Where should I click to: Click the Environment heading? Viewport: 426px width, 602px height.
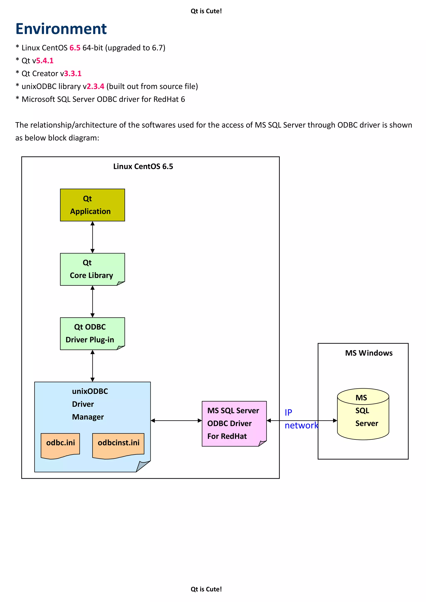[x=61, y=29]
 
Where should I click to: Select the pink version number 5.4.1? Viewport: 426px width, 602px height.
[x=45, y=61]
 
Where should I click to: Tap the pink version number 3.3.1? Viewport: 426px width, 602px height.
[x=73, y=73]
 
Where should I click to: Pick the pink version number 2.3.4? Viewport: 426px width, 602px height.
[x=95, y=86]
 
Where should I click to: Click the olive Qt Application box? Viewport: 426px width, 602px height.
[x=92, y=205]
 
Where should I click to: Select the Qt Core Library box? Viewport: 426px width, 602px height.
[x=92, y=269]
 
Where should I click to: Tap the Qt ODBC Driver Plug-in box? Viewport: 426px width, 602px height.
[x=92, y=334]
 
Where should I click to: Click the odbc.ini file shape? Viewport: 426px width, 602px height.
[x=60, y=445]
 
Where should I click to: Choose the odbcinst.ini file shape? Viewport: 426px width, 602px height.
[x=118, y=445]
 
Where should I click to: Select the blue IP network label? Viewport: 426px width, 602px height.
[x=301, y=419]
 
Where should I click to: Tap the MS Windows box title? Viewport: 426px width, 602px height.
[x=369, y=353]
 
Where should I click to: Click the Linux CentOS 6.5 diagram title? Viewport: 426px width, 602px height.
[x=143, y=166]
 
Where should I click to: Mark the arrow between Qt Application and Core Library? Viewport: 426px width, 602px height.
[x=92, y=237]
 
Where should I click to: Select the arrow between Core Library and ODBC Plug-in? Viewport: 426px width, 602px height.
[x=92, y=302]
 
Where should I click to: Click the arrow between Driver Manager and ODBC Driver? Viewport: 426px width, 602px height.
[x=176, y=421]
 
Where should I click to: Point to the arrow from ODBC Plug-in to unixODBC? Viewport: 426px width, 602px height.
[x=92, y=366]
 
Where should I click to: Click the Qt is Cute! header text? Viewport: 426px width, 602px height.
[x=206, y=11]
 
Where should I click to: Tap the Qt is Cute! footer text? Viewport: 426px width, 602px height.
[x=206, y=589]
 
